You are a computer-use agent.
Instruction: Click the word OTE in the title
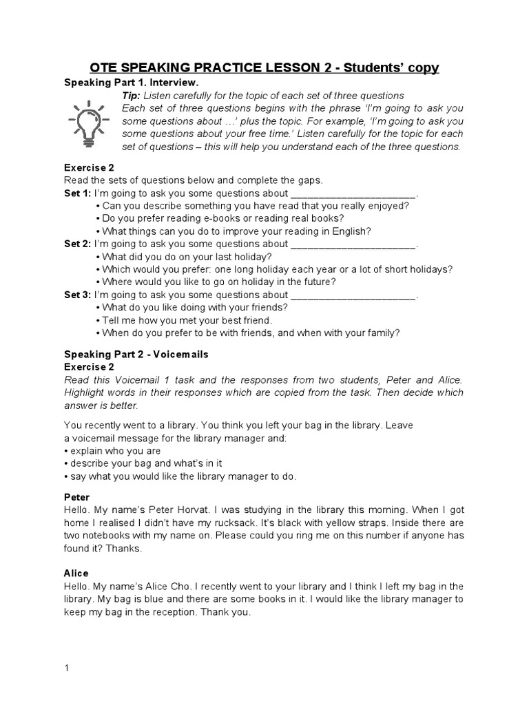coord(105,67)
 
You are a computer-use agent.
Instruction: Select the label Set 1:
coord(77,193)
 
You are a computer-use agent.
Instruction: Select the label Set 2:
coord(77,244)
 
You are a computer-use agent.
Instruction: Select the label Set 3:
coord(77,295)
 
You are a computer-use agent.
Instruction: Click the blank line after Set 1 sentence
coord(353,195)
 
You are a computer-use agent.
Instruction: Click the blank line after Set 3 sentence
coord(353,297)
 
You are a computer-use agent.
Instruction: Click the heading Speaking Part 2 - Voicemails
coord(136,354)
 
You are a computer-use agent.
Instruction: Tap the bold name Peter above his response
coord(77,497)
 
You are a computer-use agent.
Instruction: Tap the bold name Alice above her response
coord(76,573)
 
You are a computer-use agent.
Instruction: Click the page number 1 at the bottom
coord(67,667)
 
